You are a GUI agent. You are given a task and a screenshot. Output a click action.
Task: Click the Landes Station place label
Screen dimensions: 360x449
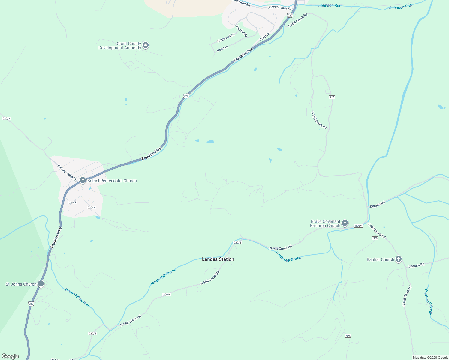click(218, 259)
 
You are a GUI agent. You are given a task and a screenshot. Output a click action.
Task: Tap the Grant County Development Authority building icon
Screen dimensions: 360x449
click(146, 46)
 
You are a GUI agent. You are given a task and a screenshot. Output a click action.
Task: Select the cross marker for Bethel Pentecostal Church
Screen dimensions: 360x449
click(83, 180)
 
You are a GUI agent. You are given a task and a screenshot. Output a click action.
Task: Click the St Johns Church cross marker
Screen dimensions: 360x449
click(41, 284)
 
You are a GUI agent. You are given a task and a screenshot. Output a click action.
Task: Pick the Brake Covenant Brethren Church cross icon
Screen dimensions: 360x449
click(345, 223)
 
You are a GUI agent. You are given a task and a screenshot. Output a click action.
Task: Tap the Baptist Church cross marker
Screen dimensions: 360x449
click(398, 259)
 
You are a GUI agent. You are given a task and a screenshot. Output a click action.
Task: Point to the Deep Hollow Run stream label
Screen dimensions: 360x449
click(77, 297)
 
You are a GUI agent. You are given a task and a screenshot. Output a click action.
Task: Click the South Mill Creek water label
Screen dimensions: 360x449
click(428, 301)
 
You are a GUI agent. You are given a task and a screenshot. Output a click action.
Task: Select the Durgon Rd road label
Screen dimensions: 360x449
click(377, 205)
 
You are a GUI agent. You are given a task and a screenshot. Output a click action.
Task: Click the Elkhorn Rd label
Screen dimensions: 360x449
click(416, 265)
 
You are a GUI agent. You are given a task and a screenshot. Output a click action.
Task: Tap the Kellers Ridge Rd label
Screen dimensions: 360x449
click(67, 173)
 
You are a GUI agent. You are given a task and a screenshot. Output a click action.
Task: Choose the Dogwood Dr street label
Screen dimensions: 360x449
click(226, 38)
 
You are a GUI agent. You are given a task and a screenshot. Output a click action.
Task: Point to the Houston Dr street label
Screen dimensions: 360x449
click(241, 31)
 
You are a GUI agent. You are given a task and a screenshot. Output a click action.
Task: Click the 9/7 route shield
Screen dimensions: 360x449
click(332, 97)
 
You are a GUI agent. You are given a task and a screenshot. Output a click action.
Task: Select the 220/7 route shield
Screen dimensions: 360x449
click(73, 202)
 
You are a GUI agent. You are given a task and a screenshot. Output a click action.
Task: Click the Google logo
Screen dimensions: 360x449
click(10, 356)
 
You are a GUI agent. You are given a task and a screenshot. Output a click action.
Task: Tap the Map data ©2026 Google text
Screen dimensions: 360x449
click(430, 358)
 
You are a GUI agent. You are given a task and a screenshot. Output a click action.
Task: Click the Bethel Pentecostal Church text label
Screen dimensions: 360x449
click(112, 181)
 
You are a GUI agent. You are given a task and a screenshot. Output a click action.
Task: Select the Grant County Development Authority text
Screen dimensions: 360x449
click(120, 46)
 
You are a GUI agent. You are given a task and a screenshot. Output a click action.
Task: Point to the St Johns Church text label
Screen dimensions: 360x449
click(21, 284)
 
